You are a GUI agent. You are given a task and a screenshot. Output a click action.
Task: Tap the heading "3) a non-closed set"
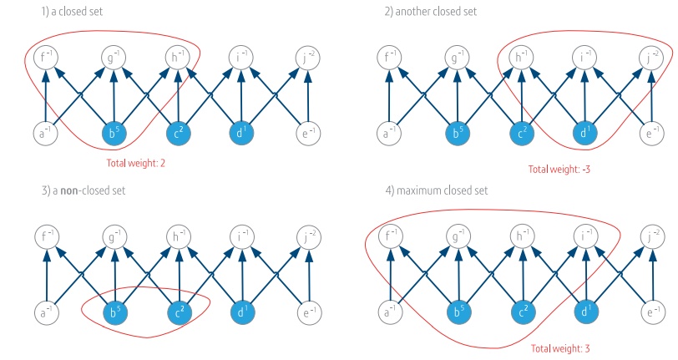(71, 191)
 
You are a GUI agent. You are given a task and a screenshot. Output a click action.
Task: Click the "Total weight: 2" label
(135, 163)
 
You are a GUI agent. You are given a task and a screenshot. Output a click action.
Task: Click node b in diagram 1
(113, 133)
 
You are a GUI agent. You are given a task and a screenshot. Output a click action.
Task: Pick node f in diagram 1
(46, 58)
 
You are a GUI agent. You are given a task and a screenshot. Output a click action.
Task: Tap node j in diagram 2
(652, 58)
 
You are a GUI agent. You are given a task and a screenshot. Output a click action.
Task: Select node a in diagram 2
(388, 133)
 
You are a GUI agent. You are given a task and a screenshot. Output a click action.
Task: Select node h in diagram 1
(178, 58)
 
